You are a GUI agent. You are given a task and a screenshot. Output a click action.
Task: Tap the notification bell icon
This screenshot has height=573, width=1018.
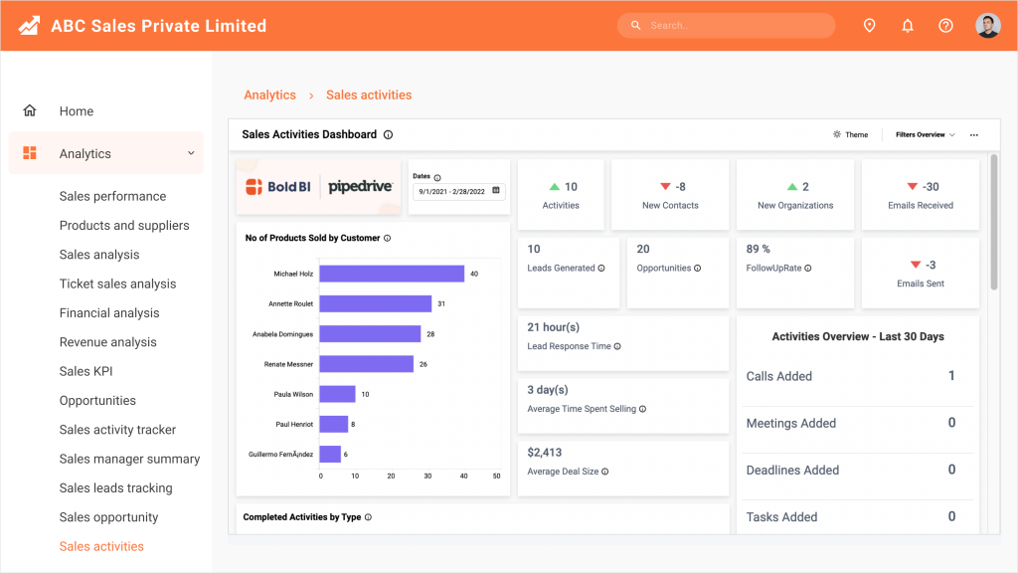click(907, 26)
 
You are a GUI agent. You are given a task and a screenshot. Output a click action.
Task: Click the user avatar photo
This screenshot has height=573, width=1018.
click(987, 26)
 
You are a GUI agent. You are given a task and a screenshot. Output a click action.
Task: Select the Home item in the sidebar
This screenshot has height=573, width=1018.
click(76, 111)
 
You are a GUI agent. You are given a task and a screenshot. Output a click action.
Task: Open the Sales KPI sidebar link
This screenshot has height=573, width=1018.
click(86, 371)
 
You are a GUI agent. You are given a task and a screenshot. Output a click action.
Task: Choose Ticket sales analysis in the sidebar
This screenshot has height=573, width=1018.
click(117, 284)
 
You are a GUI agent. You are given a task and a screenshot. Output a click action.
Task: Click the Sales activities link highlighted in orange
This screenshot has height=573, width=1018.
click(101, 546)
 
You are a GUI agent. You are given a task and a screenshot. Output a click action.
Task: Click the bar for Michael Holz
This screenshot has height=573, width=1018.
click(392, 274)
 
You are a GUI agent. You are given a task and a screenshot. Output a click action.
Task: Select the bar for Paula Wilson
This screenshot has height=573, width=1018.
click(337, 394)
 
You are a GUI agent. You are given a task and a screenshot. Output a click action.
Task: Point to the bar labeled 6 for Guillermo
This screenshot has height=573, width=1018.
click(330, 454)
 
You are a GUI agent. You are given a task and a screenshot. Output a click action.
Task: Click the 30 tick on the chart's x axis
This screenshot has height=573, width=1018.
click(427, 477)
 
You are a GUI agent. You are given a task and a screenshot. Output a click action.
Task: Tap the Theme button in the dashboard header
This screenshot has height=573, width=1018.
click(851, 134)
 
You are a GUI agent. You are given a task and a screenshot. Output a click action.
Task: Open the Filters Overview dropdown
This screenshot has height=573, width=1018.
click(925, 134)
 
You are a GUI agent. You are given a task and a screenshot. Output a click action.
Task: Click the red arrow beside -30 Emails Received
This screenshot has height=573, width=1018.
click(913, 187)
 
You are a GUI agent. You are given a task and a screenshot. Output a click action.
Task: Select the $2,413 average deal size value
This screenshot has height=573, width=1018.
click(546, 453)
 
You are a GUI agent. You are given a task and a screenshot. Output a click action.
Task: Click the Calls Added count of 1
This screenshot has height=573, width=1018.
click(951, 376)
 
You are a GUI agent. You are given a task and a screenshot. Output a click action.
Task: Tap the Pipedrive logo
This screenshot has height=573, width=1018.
click(360, 186)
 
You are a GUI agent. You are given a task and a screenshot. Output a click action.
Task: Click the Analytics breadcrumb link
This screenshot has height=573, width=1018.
click(269, 95)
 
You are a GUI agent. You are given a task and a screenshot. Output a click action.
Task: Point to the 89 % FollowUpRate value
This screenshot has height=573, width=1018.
click(759, 250)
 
